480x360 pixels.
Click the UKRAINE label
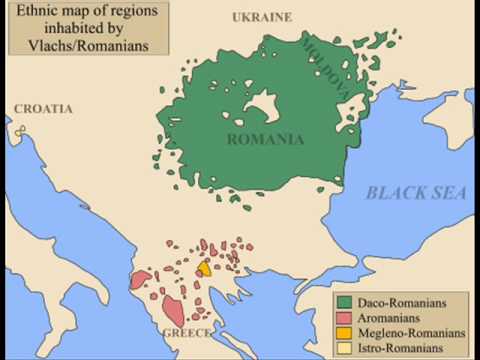pyautogui.click(x=262, y=17)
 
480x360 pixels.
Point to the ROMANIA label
pyautogui.click(x=265, y=139)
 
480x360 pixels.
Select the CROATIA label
pyautogui.click(x=43, y=108)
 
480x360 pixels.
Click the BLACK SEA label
pyautogui.click(x=415, y=193)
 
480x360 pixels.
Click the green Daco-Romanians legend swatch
pyautogui.click(x=344, y=301)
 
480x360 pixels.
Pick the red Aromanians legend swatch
pyautogui.click(x=344, y=317)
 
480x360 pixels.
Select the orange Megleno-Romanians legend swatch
pyautogui.click(x=344, y=332)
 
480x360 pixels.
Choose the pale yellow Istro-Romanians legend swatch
pyautogui.click(x=344, y=347)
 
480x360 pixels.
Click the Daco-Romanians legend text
pyautogui.click(x=403, y=301)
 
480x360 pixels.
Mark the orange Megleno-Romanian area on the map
pyautogui.click(x=204, y=268)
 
